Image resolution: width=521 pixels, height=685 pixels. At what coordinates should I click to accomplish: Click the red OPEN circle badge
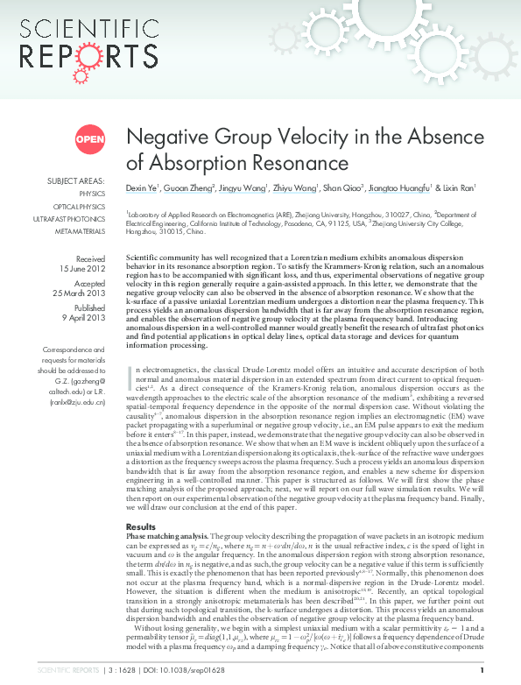point(89,139)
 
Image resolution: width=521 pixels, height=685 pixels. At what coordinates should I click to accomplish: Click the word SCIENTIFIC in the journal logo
point(71,28)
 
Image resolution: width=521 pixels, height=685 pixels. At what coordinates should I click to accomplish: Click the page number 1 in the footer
point(482,672)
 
